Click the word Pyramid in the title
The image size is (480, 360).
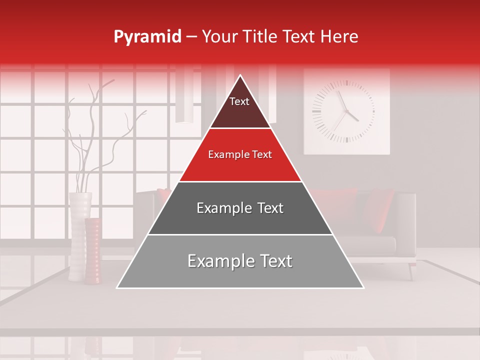click(147, 37)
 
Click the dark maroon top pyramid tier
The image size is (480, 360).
click(240, 112)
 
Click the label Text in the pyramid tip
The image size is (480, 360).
click(239, 101)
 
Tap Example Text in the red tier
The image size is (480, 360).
click(240, 154)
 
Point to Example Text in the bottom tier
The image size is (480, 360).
click(240, 261)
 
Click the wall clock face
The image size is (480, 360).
click(343, 111)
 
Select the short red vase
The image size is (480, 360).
click(92, 250)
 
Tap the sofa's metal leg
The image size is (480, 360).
click(411, 270)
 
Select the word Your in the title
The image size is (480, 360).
click(219, 36)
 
